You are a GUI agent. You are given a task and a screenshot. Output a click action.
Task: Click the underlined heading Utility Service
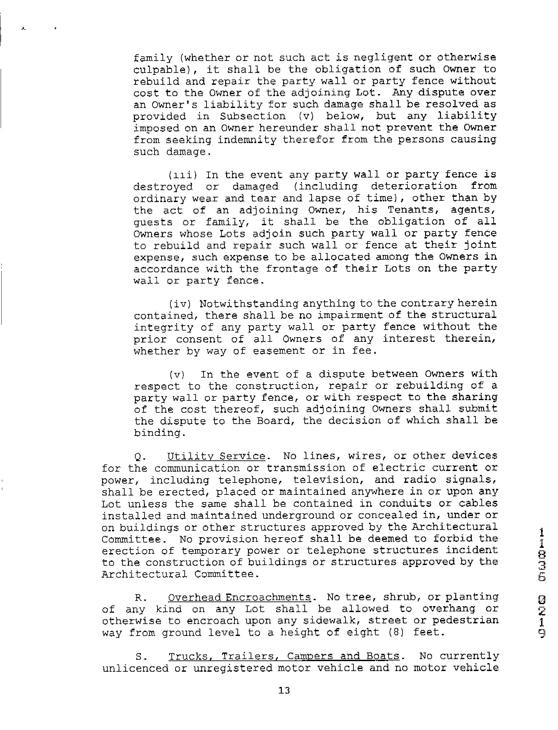click(x=216, y=457)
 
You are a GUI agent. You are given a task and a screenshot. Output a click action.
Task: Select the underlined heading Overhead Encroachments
click(x=239, y=598)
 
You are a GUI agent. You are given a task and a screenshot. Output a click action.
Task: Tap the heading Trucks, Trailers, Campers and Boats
click(x=284, y=656)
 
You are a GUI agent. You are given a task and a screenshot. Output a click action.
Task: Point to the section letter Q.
click(x=140, y=457)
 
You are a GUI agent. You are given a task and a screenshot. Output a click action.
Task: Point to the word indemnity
click(x=247, y=140)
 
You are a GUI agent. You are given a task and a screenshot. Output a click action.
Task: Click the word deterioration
click(x=413, y=186)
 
